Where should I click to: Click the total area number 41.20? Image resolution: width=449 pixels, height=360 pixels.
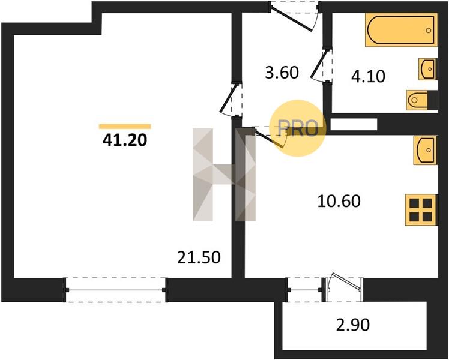(x=125, y=140)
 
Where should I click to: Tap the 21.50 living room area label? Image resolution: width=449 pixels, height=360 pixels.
(x=199, y=257)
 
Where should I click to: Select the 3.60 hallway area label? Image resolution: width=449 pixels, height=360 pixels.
(x=282, y=73)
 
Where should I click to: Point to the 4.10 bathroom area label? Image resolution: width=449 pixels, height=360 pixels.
(x=368, y=76)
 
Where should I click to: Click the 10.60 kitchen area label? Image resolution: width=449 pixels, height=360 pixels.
(x=339, y=201)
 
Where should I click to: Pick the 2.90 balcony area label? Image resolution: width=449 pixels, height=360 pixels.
(x=353, y=325)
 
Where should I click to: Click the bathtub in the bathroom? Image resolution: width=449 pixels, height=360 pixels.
(x=402, y=30)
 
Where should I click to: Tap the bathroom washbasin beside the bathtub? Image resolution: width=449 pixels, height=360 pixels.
(x=428, y=69)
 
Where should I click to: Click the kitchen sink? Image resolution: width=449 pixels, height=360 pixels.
(x=425, y=150)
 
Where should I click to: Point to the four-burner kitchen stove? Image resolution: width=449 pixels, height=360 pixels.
(x=421, y=211)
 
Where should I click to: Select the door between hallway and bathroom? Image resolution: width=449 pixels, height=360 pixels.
(x=321, y=65)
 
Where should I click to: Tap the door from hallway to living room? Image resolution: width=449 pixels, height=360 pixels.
(x=231, y=99)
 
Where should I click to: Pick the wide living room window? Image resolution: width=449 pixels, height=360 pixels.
(x=115, y=290)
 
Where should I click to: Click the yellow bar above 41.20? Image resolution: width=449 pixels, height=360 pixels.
(x=125, y=127)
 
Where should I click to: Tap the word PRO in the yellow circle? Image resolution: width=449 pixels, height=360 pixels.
(x=298, y=128)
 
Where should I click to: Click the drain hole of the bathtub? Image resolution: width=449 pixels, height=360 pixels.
(x=429, y=30)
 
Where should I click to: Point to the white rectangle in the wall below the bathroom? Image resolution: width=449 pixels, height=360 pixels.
(x=354, y=124)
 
